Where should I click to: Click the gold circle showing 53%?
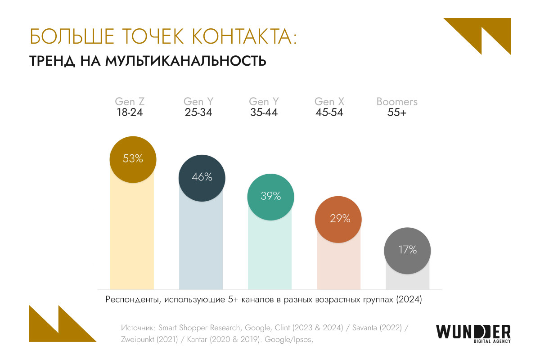(x=133, y=159)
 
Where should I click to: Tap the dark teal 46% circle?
(x=202, y=177)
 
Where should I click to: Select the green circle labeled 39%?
(x=270, y=196)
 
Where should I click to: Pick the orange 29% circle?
(x=339, y=219)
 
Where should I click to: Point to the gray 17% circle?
(x=407, y=250)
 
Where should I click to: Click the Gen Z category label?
(x=130, y=102)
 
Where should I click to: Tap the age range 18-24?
(x=130, y=112)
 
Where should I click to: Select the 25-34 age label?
(x=198, y=112)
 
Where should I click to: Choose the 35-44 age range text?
(x=264, y=112)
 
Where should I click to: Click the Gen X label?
(x=330, y=102)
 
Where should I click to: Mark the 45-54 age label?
(x=329, y=112)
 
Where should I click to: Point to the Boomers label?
(x=397, y=102)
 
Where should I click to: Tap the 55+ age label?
(x=397, y=112)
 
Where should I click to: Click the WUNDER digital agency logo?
(x=473, y=333)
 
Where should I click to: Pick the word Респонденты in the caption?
(x=130, y=300)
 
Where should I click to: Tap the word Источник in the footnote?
(x=138, y=327)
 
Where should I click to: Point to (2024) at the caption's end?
(x=409, y=300)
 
